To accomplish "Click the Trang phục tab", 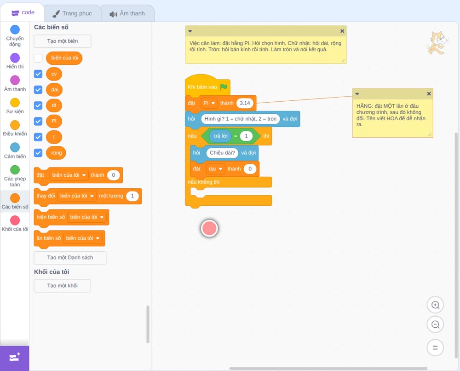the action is tap(72, 13).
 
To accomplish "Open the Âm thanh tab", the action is tap(127, 13).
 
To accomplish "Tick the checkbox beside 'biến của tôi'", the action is tap(38, 58).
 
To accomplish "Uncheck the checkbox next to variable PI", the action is tap(38, 121).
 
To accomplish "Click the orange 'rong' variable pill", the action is tap(56, 153).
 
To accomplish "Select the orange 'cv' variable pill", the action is tap(54, 74).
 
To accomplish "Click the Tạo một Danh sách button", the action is tap(70, 258).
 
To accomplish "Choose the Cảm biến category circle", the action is tap(15, 147).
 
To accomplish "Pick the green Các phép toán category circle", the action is tap(15, 170).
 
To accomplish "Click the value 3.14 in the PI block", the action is tap(245, 103).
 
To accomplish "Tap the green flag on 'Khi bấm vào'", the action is tap(224, 87).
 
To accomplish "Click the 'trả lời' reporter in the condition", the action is tap(221, 136).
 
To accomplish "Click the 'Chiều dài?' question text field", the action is tap(222, 153).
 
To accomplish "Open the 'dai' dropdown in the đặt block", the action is tap(215, 169).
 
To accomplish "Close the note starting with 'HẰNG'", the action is tap(429, 93).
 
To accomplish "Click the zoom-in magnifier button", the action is tap(435, 305).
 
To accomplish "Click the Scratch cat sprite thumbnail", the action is tap(437, 43).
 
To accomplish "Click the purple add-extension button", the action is tap(15, 358).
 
